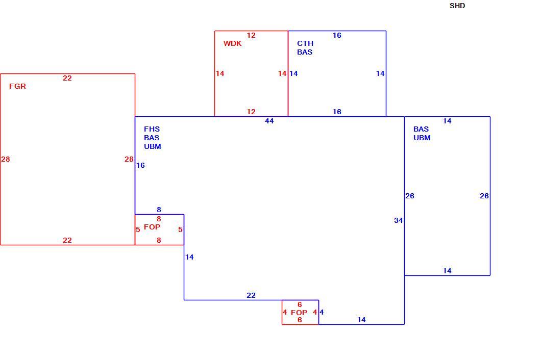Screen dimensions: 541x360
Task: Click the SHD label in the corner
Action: pos(457,6)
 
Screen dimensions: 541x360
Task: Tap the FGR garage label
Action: pos(17,86)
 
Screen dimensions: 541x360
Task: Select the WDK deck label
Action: pos(233,43)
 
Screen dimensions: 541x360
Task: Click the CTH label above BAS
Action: pos(305,43)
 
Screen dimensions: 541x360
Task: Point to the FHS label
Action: pos(152,129)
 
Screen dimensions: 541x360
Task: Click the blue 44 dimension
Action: pos(269,121)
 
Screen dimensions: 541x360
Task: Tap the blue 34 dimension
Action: pos(399,220)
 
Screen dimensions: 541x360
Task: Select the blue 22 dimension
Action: pos(251,296)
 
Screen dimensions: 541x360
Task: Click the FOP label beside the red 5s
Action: pos(152,227)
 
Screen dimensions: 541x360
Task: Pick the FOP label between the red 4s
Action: pos(299,313)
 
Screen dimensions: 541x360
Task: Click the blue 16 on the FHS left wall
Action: pos(140,166)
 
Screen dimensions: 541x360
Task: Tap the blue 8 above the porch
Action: pos(159,210)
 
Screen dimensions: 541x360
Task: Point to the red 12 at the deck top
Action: pos(251,35)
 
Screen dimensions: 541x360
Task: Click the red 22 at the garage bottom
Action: pos(67,240)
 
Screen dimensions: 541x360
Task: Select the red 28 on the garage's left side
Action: pos(6,159)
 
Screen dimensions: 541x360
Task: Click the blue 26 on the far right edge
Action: pos(484,196)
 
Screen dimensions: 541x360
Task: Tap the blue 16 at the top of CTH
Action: pos(337,35)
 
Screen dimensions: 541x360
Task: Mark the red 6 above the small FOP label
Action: pos(300,304)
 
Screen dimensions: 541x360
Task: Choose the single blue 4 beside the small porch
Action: pos(322,313)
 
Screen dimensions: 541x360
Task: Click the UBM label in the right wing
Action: pos(422,138)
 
